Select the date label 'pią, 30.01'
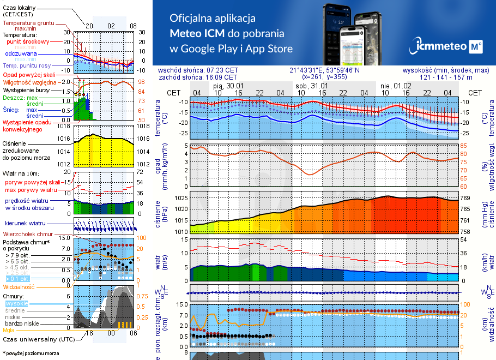pos(228,86)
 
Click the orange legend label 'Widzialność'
pos(19,286)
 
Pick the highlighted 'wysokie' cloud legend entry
pos(16,303)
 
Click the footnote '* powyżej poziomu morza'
pos(31,353)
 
